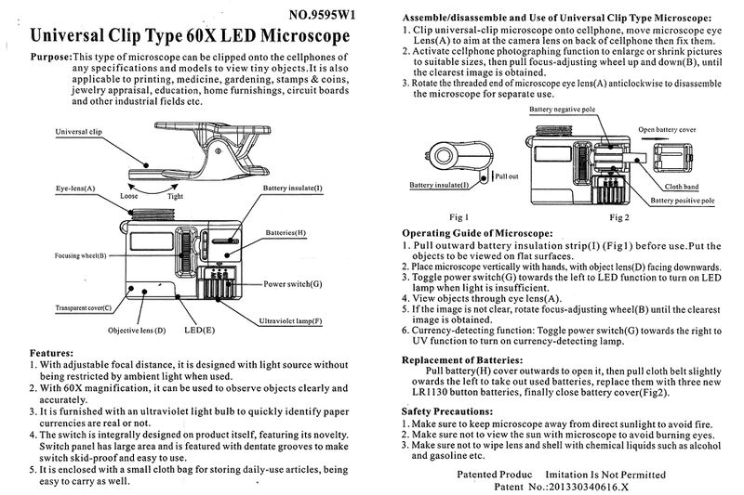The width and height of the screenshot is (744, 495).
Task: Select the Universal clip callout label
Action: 79,133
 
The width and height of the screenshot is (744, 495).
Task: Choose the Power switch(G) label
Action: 293,282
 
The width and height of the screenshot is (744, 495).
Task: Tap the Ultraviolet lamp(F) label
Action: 290,320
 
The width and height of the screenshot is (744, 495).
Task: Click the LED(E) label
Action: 199,330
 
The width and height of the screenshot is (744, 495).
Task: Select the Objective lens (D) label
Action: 135,330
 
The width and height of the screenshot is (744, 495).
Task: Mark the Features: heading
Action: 52,354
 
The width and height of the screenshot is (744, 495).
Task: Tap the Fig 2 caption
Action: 619,216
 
